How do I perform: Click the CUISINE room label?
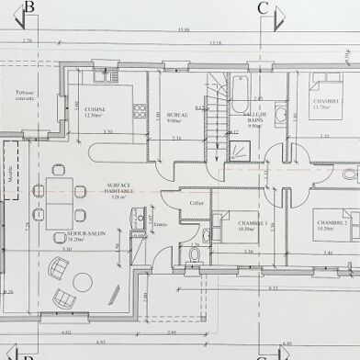pos(96,110)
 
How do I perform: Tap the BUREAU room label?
pos(177,115)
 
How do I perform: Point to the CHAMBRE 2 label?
pos(332,223)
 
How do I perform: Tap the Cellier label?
pos(195,204)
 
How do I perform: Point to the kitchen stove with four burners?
pos(140,111)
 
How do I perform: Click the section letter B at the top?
pos(29,9)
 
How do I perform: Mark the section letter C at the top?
pos(264,9)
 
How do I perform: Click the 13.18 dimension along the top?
pos(215,42)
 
